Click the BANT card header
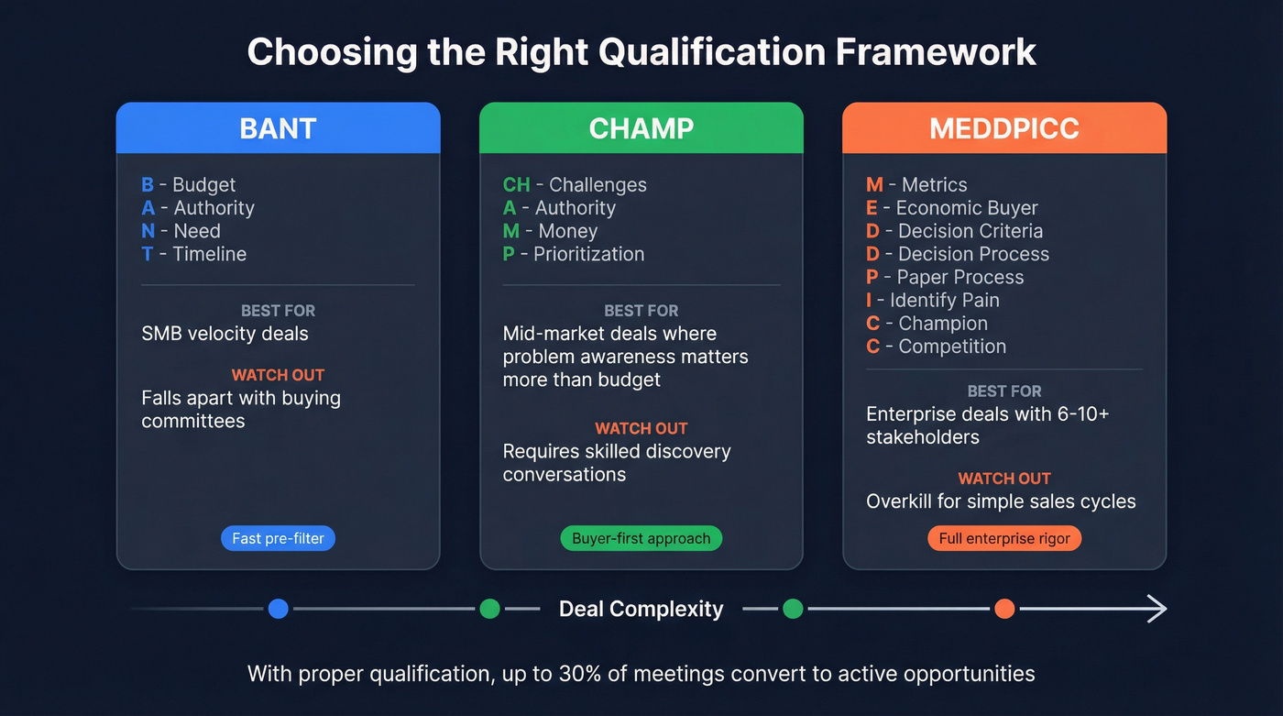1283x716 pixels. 278,128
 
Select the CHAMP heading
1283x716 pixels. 641,128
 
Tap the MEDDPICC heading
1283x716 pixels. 1003,128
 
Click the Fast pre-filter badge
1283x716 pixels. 278,538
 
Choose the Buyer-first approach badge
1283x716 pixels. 641,538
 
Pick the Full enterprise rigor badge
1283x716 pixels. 1004,538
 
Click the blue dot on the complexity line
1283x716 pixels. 279,609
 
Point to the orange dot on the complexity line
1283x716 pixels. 1004,609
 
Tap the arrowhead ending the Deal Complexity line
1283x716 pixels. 1157,609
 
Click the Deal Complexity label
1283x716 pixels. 641,609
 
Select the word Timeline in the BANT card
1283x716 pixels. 210,254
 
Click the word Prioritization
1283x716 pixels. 589,254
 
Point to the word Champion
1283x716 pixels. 943,324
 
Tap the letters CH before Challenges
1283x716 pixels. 516,185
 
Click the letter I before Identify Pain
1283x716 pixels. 869,301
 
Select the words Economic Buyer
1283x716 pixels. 967,208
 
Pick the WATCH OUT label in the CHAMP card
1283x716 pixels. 641,428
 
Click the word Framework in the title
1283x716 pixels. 936,51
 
